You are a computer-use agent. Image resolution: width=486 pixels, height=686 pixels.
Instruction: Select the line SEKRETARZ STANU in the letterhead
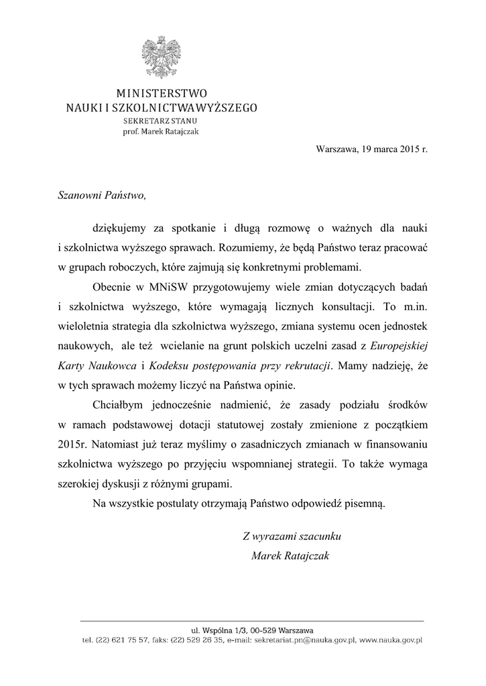pyautogui.click(x=160, y=121)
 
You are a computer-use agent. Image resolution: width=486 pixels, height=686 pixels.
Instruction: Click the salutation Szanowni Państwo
pyautogui.click(x=101, y=196)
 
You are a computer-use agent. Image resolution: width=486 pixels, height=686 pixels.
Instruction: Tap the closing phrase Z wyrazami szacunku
pyautogui.click(x=293, y=536)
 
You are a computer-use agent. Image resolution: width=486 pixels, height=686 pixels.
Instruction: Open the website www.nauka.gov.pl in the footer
pyautogui.click(x=391, y=640)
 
